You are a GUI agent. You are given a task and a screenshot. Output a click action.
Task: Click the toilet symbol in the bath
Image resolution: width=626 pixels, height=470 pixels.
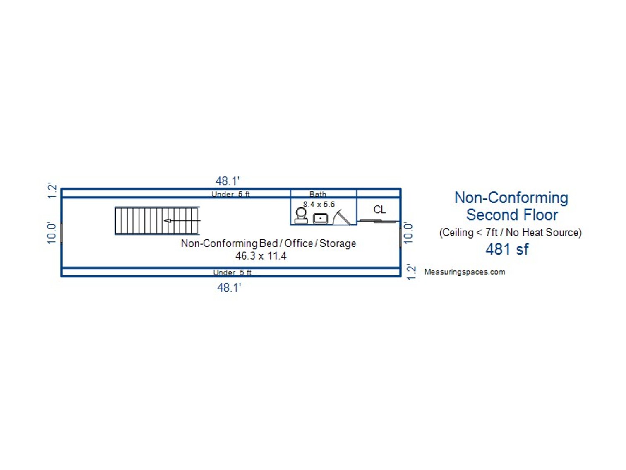click(x=301, y=216)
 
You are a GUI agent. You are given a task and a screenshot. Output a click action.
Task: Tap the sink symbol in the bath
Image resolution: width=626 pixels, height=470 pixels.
click(x=320, y=219)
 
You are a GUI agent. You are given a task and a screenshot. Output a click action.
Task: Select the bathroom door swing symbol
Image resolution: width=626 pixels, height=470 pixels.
click(x=341, y=217)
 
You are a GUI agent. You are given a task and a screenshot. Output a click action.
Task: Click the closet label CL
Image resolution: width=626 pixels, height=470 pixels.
click(x=379, y=210)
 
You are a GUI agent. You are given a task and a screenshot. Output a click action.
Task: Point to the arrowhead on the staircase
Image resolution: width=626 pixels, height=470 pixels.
click(x=167, y=221)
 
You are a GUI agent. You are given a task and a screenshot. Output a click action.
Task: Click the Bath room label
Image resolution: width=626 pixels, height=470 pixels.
click(x=317, y=194)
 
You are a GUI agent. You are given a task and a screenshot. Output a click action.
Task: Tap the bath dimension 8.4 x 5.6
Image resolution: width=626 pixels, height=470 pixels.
click(x=319, y=204)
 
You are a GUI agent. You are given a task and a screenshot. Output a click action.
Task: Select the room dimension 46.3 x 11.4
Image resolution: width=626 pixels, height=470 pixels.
click(x=261, y=256)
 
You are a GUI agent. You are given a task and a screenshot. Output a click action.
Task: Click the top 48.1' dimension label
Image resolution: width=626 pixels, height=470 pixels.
click(x=227, y=181)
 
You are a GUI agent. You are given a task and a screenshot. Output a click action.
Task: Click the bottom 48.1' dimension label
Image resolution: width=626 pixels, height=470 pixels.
click(x=229, y=287)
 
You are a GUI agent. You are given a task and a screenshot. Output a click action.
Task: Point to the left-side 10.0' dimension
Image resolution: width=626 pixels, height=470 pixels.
click(x=52, y=234)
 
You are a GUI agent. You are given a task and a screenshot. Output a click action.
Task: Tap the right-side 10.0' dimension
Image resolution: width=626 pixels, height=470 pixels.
click(x=408, y=234)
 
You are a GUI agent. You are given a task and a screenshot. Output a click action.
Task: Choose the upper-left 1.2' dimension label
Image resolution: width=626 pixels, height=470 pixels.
click(x=53, y=190)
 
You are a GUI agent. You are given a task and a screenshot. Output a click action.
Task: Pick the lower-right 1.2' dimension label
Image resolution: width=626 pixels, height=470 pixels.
click(x=411, y=272)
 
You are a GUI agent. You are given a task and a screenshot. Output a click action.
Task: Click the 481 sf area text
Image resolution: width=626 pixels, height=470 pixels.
click(x=507, y=249)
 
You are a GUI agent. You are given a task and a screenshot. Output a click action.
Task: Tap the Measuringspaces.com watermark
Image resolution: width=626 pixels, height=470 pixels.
click(x=465, y=272)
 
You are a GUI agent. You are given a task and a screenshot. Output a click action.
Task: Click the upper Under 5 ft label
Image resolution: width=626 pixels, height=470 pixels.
click(x=231, y=194)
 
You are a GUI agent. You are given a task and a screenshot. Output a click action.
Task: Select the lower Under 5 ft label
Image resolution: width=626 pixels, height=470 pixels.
click(x=232, y=272)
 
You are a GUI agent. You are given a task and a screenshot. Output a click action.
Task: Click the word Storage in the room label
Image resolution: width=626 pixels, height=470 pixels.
click(x=338, y=244)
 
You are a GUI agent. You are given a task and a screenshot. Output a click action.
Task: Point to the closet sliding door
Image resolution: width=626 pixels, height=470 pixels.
click(x=378, y=221)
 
